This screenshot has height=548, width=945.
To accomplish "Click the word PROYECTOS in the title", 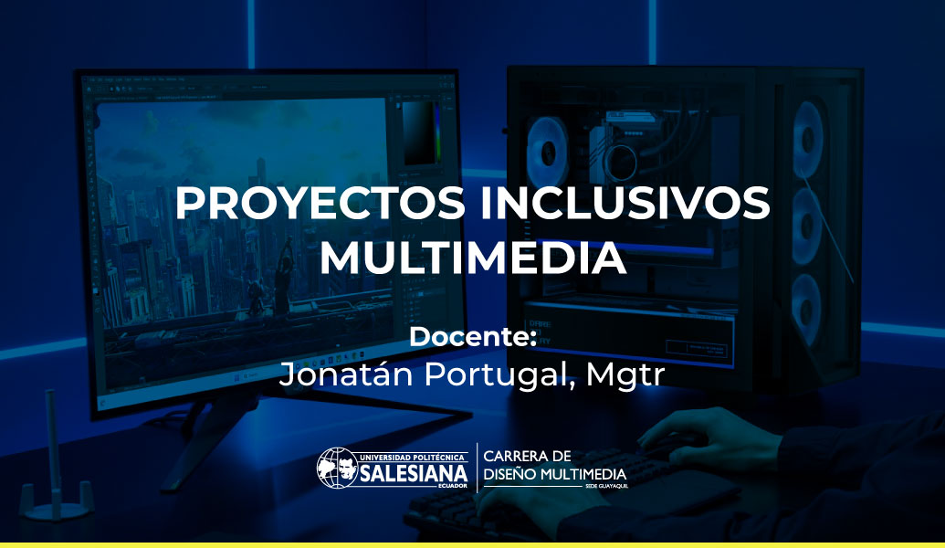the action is pyautogui.click(x=320, y=203).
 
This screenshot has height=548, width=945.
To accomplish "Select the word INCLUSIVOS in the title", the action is pyautogui.click(x=625, y=203).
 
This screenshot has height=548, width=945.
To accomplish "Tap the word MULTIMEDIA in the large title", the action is pyautogui.click(x=473, y=258).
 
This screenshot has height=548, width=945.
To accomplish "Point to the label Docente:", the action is pyautogui.click(x=473, y=337).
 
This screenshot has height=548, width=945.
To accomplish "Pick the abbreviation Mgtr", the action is pyautogui.click(x=625, y=374).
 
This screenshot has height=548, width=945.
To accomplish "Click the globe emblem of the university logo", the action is pyautogui.click(x=337, y=468).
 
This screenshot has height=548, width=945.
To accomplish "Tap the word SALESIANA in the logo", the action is pyautogui.click(x=414, y=474).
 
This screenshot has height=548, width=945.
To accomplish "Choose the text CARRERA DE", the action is pyautogui.click(x=527, y=456).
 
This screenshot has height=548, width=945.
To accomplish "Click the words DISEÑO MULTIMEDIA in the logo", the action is pyautogui.click(x=554, y=474).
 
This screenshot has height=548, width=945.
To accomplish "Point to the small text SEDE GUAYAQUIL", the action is pyautogui.click(x=606, y=486).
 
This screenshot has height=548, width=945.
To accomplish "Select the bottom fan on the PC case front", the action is pyautogui.click(x=806, y=310).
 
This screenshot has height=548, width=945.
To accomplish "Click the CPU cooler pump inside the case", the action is pyautogui.click(x=621, y=162).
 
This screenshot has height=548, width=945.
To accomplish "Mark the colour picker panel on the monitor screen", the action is pyautogui.click(x=419, y=132).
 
